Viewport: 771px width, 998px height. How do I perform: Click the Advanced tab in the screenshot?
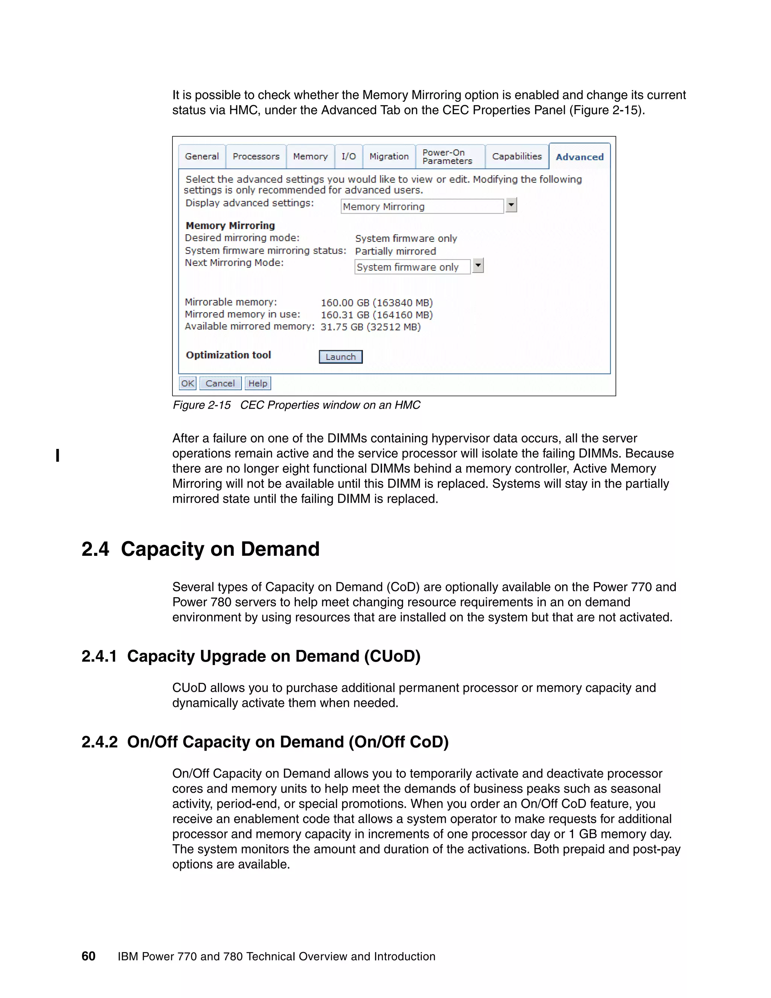pyautogui.click(x=579, y=157)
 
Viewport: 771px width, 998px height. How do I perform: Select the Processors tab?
pyautogui.click(x=256, y=156)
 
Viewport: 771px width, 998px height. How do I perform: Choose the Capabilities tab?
pyautogui.click(x=517, y=156)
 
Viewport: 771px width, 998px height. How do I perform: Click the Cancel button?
pyautogui.click(x=220, y=383)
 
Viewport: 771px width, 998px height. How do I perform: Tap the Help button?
pyautogui.click(x=258, y=383)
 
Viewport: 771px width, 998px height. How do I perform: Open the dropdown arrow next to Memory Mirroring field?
pyautogui.click(x=511, y=205)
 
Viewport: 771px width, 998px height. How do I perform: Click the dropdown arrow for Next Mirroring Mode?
pyautogui.click(x=478, y=266)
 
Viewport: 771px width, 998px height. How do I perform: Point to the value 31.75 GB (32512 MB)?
pyautogui.click(x=370, y=327)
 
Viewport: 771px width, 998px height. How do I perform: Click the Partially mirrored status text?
pyautogui.click(x=396, y=251)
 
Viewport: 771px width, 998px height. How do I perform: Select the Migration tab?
pyautogui.click(x=389, y=156)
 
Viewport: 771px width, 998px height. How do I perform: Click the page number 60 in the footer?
pyautogui.click(x=88, y=956)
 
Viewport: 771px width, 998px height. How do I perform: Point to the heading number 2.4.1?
pyautogui.click(x=99, y=656)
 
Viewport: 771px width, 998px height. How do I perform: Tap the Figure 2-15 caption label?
pyautogui.click(x=201, y=405)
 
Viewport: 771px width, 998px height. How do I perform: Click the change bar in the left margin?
pyautogui.click(x=58, y=456)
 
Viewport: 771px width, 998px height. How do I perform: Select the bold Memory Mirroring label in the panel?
pyautogui.click(x=230, y=226)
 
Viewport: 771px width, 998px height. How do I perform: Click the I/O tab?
pyautogui.click(x=349, y=156)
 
